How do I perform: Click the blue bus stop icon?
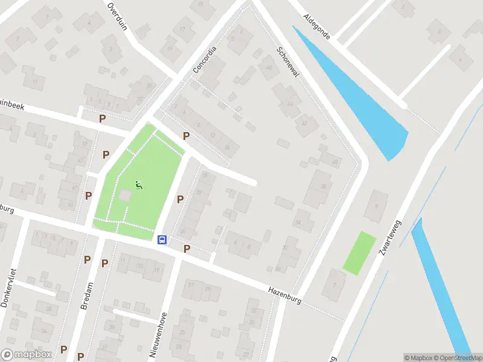coord(162,240)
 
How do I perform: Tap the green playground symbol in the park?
coord(139,185)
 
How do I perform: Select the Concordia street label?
coord(204,59)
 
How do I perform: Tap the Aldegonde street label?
coord(317,27)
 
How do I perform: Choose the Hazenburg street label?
coord(285,295)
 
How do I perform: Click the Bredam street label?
coord(86,296)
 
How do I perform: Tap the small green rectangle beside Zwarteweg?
coord(359,252)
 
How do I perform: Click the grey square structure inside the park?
coord(125,195)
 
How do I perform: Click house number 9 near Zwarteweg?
coord(377,206)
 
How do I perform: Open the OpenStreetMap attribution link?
coord(456,358)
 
